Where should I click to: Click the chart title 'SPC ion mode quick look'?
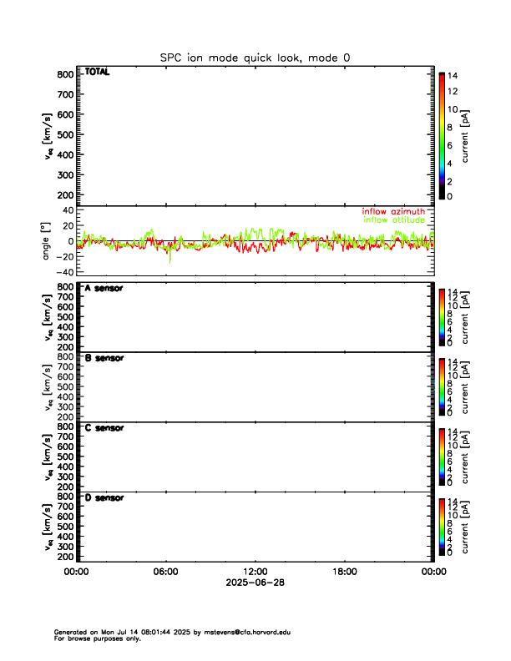(x=255, y=58)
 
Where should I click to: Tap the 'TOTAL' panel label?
(x=97, y=72)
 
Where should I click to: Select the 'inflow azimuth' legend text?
(x=393, y=212)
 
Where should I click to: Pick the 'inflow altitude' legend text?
(x=395, y=220)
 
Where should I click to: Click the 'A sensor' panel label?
(x=104, y=288)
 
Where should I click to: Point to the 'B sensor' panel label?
(x=104, y=358)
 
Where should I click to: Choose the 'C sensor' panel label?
(x=104, y=428)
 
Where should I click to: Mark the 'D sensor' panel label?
(x=104, y=498)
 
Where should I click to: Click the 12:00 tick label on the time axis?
(x=255, y=572)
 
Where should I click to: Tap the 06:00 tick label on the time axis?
(x=165, y=572)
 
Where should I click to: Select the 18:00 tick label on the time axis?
(x=344, y=572)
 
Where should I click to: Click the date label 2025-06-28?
(x=255, y=583)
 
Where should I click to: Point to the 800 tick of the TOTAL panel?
(x=65, y=74)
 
